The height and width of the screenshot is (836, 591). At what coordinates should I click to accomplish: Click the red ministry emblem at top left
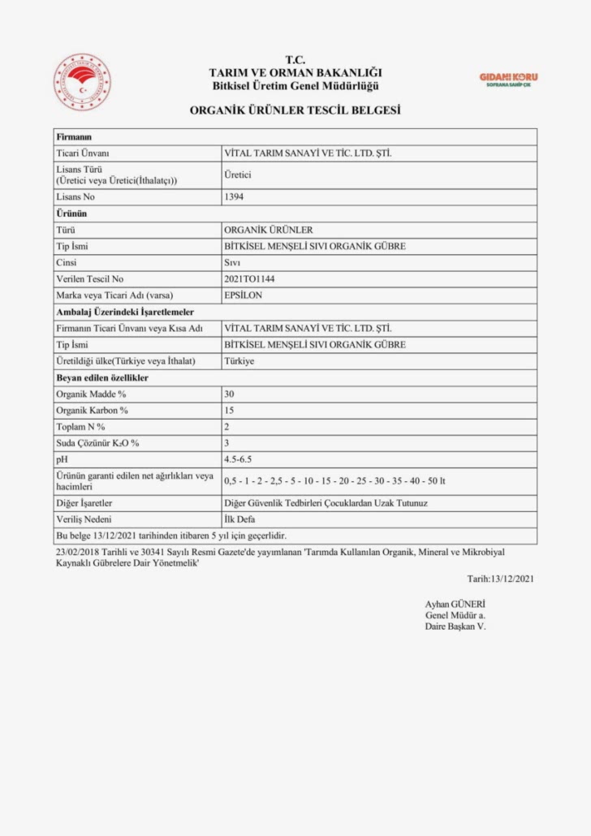click(82, 83)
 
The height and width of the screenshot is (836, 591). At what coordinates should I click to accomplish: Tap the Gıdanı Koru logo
click(508, 80)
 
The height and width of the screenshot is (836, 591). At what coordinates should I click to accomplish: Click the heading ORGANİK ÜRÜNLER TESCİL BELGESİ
click(295, 109)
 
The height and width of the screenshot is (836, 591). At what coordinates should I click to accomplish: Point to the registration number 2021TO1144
click(249, 278)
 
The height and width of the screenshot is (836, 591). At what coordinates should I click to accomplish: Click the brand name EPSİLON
click(243, 295)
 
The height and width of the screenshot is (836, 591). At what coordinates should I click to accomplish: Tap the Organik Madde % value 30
click(229, 394)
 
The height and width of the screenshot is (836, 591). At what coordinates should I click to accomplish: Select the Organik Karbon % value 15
click(229, 410)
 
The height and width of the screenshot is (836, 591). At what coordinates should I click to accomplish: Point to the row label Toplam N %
click(80, 426)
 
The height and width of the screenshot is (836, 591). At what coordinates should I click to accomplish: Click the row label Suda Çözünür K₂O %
click(97, 443)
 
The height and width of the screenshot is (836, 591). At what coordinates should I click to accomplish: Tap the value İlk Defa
click(239, 519)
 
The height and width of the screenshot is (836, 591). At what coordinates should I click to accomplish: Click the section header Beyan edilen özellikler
click(101, 377)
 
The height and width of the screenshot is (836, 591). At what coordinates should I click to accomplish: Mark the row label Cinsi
click(66, 262)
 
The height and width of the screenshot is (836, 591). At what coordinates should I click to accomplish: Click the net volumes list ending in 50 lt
click(334, 480)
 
